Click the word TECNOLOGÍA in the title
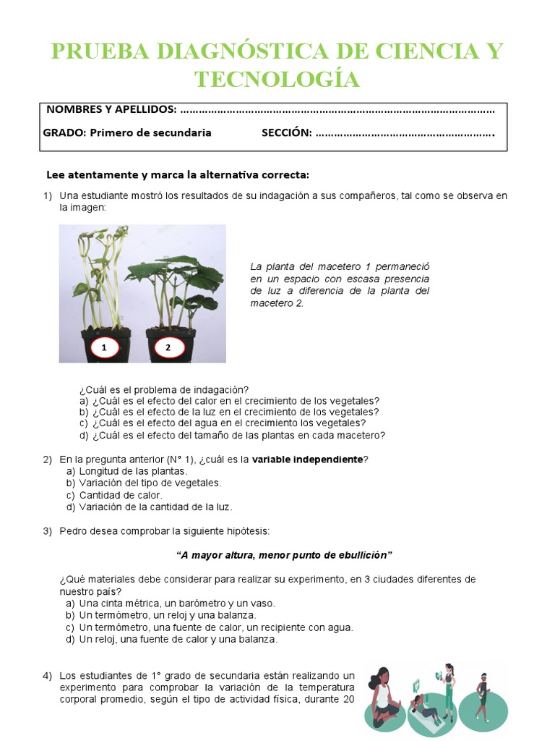click(277, 79)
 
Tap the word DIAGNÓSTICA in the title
click(208, 52)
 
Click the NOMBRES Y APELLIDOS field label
click(111, 109)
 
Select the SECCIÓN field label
click(286, 132)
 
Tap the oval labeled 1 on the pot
click(105, 348)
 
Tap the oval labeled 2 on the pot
click(168, 348)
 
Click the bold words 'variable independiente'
click(307, 460)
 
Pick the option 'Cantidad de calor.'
click(121, 495)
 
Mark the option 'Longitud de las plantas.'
click(133, 471)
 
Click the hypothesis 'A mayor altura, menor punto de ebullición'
click(284, 555)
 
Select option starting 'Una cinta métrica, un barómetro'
click(177, 603)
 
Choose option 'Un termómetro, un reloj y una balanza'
click(168, 615)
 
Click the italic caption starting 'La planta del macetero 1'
click(340, 284)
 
